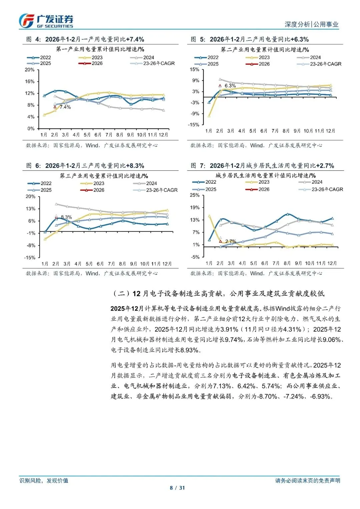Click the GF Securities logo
tap(46, 21)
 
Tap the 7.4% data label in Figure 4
tap(65, 107)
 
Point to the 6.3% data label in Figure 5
tap(230, 86)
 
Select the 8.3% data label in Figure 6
tap(66, 217)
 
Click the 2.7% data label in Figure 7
tap(231, 241)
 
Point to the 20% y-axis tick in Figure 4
tap(30, 70)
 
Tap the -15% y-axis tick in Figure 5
tap(194, 125)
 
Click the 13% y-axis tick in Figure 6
tap(31, 209)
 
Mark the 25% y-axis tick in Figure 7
tap(195, 195)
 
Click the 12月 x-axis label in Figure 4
tap(163, 135)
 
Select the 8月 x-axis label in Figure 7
tap(287, 263)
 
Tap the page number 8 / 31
tap(177, 488)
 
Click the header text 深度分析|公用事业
tap(311, 24)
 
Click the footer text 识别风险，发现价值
tap(44, 480)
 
